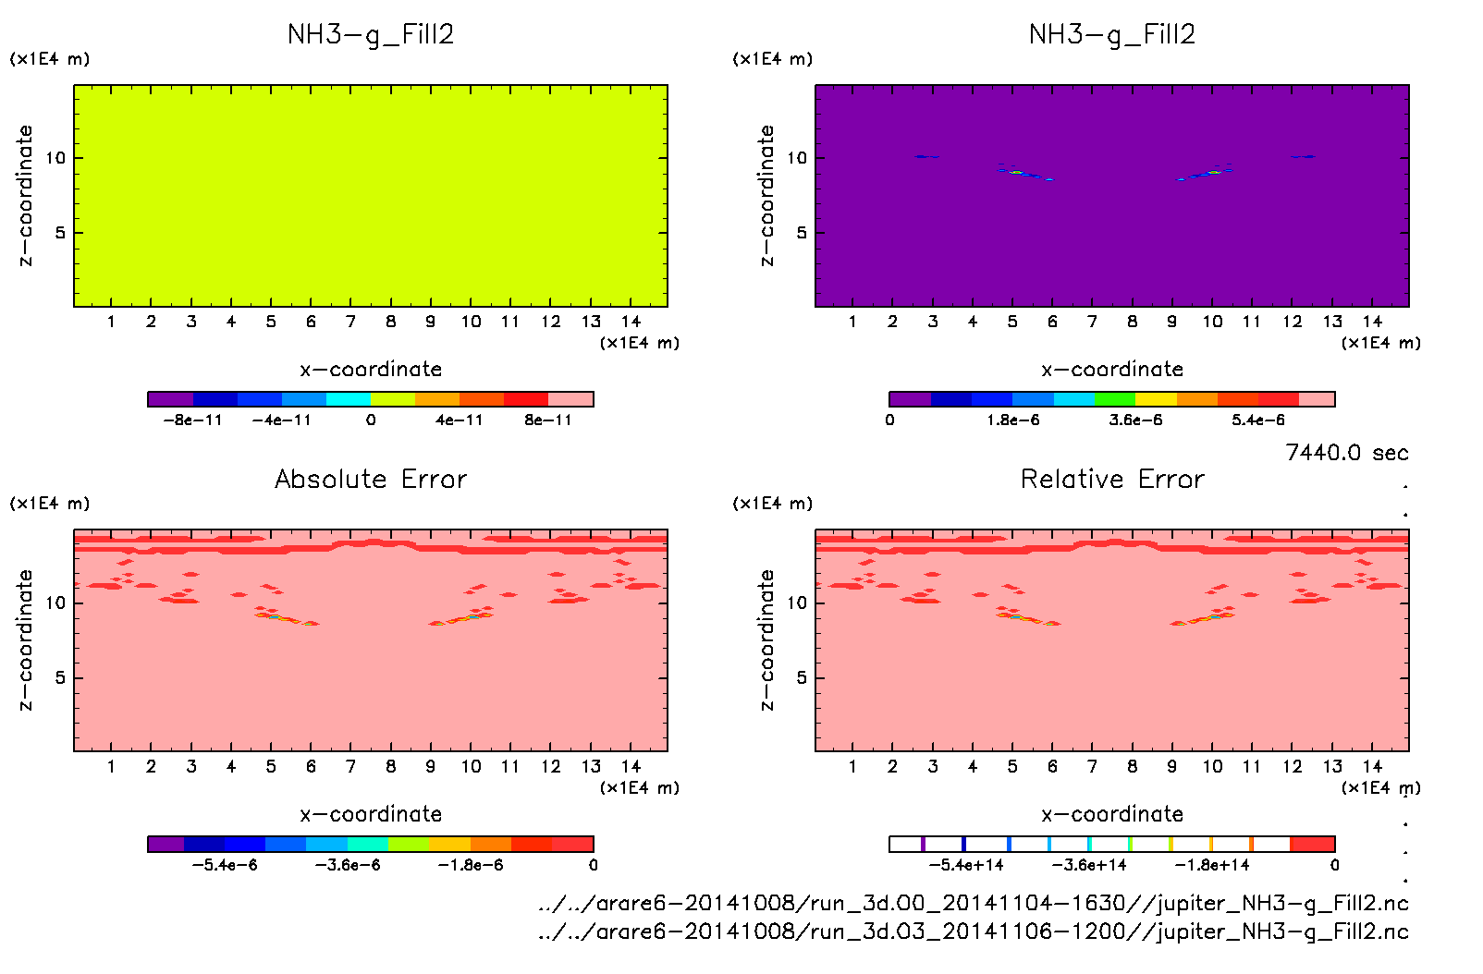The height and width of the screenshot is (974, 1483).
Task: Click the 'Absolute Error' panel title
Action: pos(371,479)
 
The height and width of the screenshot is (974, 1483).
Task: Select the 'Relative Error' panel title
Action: pos(1112,479)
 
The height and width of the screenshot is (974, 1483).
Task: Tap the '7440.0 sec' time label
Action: pos(1346,453)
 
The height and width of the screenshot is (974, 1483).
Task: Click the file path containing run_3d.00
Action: pos(973,903)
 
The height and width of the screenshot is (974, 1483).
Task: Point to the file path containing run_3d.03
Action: pos(973,931)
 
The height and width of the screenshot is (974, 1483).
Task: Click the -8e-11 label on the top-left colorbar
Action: pos(192,420)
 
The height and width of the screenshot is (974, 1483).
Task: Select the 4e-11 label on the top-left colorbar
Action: pos(460,420)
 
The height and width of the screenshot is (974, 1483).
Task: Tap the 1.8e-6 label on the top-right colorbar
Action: pos(1013,420)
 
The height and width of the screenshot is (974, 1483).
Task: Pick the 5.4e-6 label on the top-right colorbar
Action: pos(1258,420)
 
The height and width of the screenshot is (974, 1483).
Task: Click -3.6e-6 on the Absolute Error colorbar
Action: pos(348,866)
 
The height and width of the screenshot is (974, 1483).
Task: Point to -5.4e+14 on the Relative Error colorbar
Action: pos(966,866)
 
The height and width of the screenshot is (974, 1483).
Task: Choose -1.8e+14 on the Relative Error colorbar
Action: pos(1212,866)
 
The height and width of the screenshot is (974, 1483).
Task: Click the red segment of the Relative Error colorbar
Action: pos(1312,844)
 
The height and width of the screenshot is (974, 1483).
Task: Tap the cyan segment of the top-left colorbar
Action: pos(349,399)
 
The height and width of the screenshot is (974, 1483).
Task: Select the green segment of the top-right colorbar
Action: pos(1114,399)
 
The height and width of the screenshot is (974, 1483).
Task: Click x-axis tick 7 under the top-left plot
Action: pos(350,322)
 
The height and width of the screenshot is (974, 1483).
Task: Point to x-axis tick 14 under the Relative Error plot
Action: pos(1372,766)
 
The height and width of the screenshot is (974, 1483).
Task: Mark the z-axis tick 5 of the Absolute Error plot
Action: pos(60,677)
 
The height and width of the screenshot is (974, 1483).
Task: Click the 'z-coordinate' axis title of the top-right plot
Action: pos(766,196)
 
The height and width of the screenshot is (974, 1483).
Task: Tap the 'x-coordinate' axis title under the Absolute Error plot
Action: pos(371,814)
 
